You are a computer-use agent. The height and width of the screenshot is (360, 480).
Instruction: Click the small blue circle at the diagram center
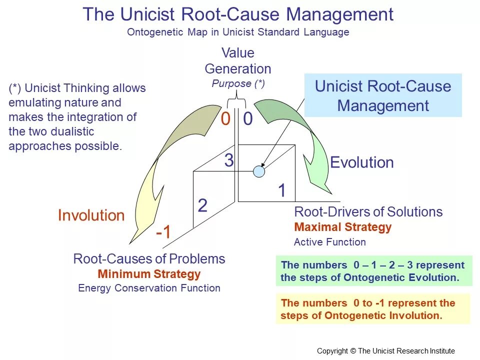(258, 171)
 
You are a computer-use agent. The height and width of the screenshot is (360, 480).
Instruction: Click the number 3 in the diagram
(228, 161)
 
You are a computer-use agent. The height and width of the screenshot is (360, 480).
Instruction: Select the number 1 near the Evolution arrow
(282, 190)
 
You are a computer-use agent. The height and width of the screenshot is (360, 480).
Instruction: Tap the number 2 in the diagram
(202, 205)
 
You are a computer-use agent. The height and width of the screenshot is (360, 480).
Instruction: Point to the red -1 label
(163, 232)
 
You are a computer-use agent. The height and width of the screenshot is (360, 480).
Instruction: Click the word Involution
(91, 215)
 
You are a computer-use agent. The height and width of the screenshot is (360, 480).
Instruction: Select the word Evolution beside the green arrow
(362, 162)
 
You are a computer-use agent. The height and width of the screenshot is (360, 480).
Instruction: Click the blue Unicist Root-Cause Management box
(383, 95)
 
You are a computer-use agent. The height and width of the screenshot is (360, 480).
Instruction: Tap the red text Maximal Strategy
(343, 227)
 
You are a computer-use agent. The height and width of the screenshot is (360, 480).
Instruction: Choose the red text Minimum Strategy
(149, 274)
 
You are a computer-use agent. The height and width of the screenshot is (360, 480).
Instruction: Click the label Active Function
(330, 242)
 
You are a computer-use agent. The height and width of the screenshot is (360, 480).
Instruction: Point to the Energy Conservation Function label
(149, 288)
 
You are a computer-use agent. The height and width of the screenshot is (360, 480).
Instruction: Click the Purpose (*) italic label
(238, 83)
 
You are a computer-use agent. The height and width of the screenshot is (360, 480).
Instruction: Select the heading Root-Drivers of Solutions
(368, 212)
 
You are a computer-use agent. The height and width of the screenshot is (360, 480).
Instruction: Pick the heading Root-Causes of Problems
(149, 259)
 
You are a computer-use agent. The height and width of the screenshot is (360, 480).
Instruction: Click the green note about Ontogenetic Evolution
(373, 271)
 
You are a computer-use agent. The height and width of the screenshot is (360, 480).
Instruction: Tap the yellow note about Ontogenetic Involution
(372, 309)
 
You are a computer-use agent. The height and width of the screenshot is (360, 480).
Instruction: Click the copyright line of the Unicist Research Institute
(386, 350)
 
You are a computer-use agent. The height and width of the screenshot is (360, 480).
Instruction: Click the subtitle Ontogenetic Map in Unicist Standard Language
(238, 32)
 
